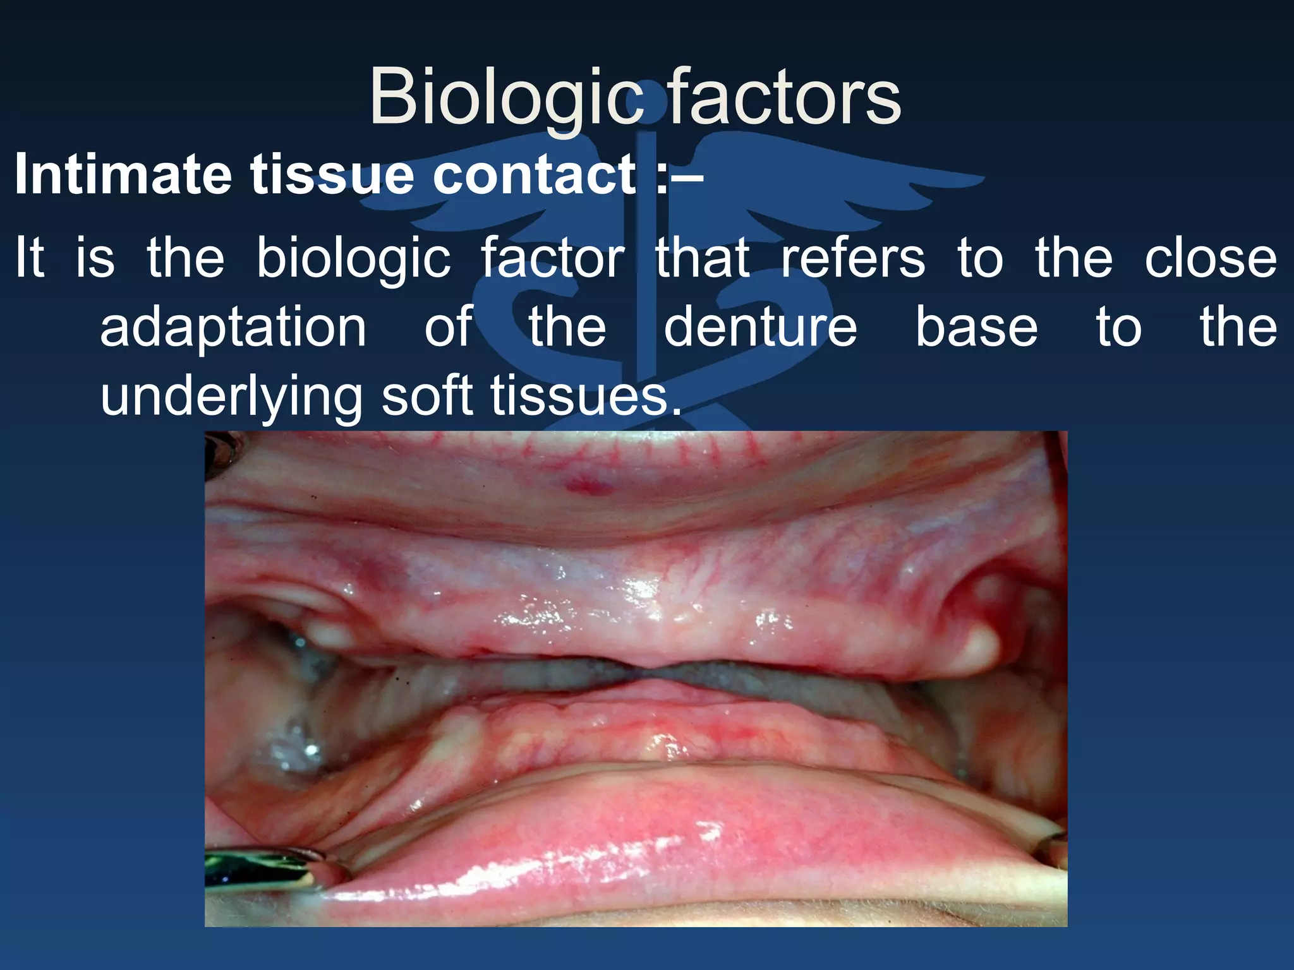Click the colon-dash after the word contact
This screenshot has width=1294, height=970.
tap(679, 176)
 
